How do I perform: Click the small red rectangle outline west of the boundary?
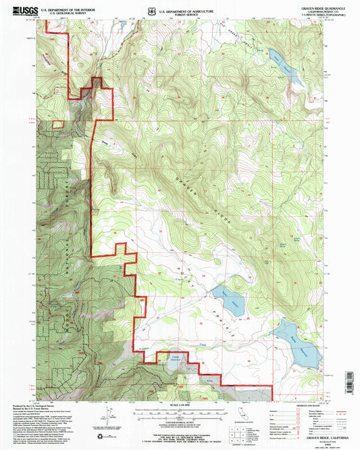(59, 123)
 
